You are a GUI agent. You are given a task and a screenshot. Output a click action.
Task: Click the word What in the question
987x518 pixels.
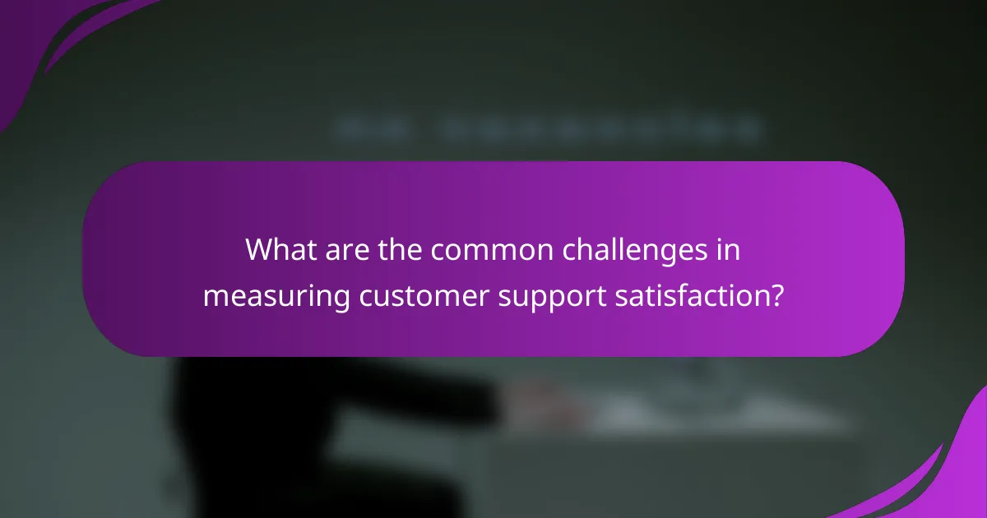pyautogui.click(x=278, y=250)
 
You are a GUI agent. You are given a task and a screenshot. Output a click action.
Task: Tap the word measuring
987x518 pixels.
pyautogui.click(x=277, y=296)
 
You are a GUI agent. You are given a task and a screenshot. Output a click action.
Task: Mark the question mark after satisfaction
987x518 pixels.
pyautogui.click(x=776, y=296)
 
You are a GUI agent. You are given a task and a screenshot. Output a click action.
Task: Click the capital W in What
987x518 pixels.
pyautogui.click(x=257, y=250)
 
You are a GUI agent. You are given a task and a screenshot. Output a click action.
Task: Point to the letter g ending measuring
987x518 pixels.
pyautogui.click(x=344, y=298)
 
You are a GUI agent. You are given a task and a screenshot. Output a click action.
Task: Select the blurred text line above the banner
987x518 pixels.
pyautogui.click(x=547, y=129)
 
